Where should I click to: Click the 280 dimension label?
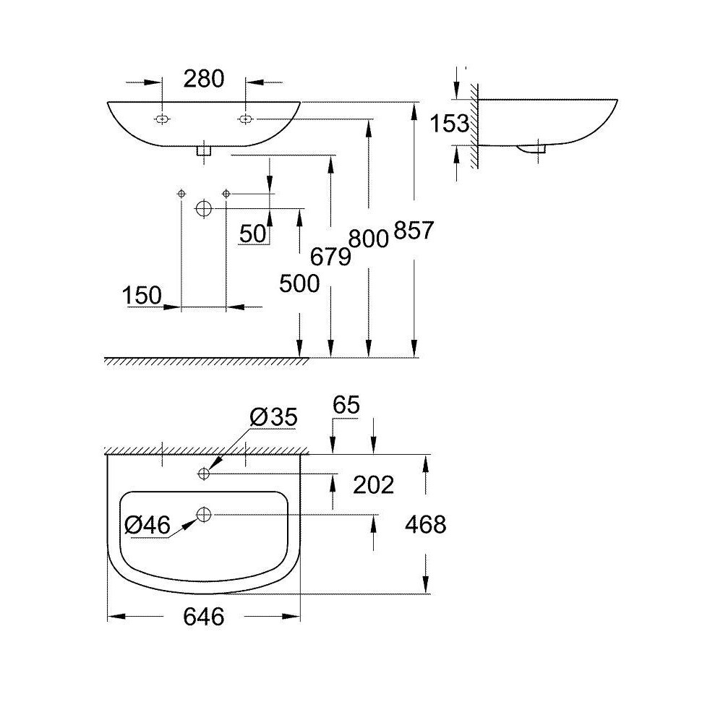pyautogui.click(x=204, y=79)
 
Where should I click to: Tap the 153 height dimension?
pyautogui.click(x=450, y=124)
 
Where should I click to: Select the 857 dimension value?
pyautogui.click(x=414, y=230)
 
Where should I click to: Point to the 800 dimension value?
pyautogui.click(x=369, y=239)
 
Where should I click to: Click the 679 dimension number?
pyautogui.click(x=330, y=257)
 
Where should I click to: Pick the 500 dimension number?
pyautogui.click(x=299, y=283)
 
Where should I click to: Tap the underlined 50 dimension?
pyautogui.click(x=253, y=234)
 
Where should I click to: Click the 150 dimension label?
pyautogui.click(x=142, y=295)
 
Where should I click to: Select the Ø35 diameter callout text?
pyautogui.click(x=273, y=417)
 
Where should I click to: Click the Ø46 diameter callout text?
pyautogui.click(x=147, y=525)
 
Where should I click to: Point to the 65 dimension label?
pyautogui.click(x=346, y=406)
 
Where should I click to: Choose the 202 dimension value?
pyautogui.click(x=374, y=485)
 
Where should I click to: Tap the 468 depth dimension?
pyautogui.click(x=426, y=525)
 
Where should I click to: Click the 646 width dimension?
pyautogui.click(x=204, y=617)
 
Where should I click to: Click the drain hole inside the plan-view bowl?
pyautogui.click(x=204, y=513)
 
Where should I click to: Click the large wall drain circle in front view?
pyautogui.click(x=204, y=208)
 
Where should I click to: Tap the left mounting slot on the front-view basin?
pyautogui.click(x=162, y=119)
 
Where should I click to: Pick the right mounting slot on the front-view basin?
pyautogui.click(x=245, y=119)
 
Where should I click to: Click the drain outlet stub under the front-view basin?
pyautogui.click(x=204, y=150)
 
